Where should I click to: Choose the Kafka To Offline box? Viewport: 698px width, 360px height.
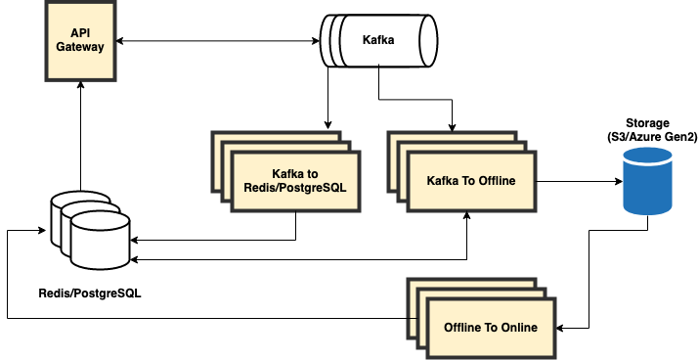(471, 181)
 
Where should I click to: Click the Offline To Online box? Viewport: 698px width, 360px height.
(490, 327)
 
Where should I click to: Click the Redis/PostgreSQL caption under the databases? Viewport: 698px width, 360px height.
(89, 293)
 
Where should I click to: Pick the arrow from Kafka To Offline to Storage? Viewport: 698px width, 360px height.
(577, 181)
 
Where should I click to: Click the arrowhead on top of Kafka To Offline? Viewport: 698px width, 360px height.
(453, 126)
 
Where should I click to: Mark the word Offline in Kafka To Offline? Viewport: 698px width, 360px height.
(495, 181)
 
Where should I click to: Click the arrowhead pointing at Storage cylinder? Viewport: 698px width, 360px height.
(618, 181)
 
